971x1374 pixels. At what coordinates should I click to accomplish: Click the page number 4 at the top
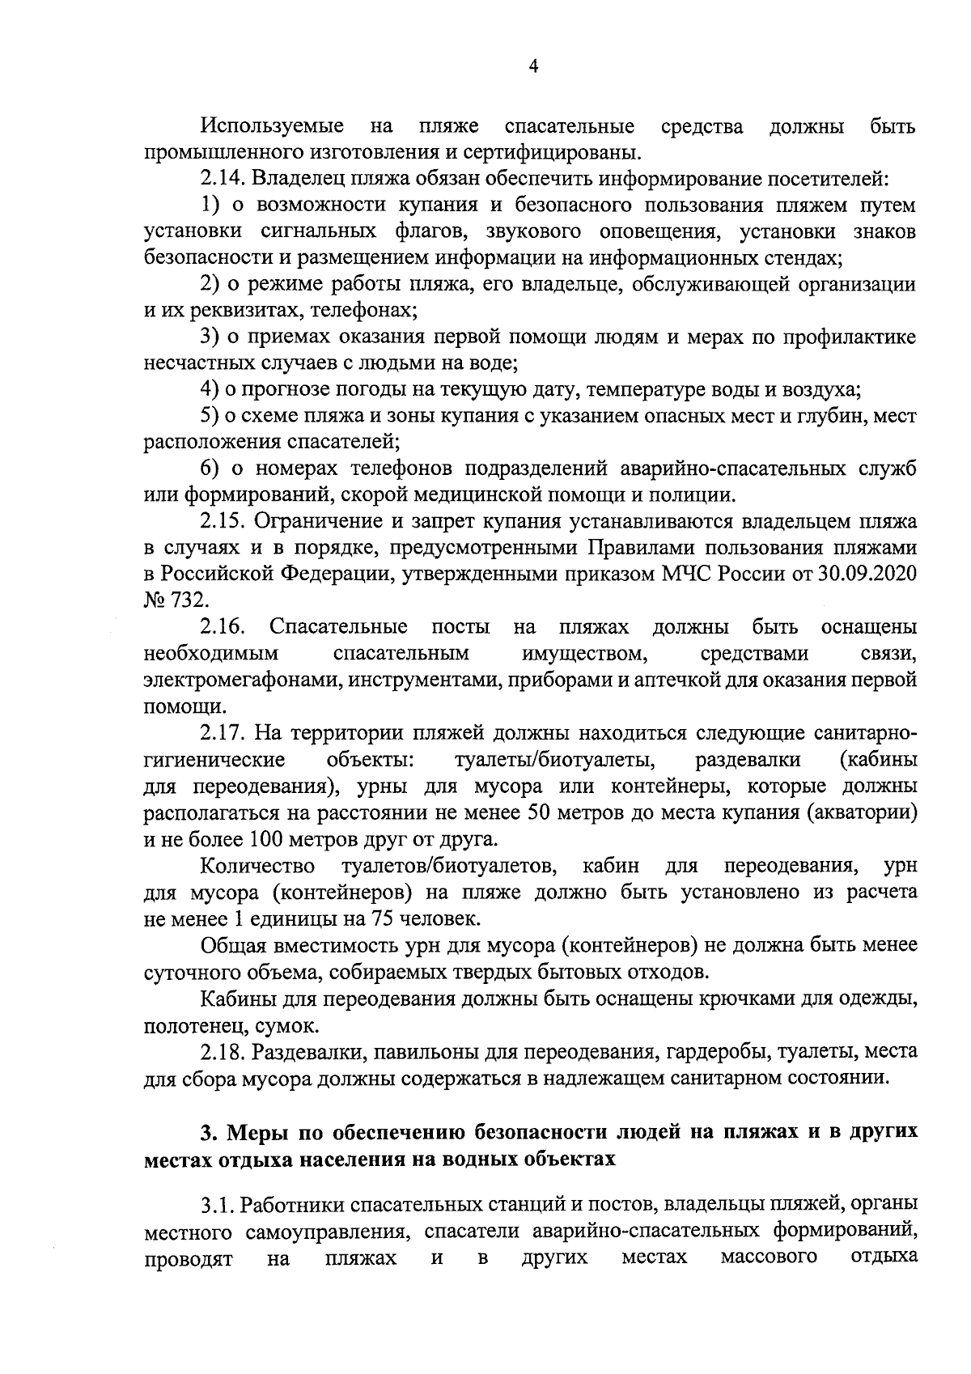pyautogui.click(x=532, y=68)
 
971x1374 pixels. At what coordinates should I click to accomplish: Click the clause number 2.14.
pyautogui.click(x=220, y=179)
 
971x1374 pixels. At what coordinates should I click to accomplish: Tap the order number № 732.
pyautogui.click(x=175, y=600)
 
